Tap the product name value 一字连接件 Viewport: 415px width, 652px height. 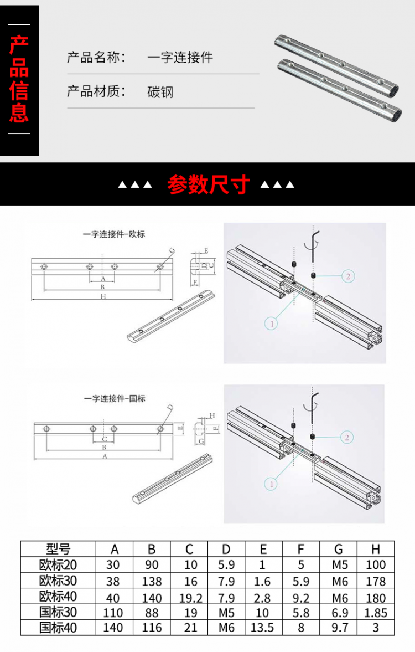pos(180,58)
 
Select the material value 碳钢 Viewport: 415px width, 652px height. pos(160,92)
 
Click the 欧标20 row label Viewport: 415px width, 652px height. pos(58,565)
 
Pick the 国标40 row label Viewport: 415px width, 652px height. pos(58,628)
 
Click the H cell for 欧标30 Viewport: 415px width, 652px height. pos(376,581)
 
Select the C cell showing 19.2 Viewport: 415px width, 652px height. pos(189,597)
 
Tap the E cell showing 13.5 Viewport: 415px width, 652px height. pos(263,628)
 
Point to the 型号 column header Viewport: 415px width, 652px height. pos(58,549)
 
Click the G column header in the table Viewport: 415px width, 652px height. pos(338,549)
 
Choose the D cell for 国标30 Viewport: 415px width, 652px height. pos(226,613)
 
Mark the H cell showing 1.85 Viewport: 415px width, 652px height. pos(376,613)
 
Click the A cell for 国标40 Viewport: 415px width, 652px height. pos(114,628)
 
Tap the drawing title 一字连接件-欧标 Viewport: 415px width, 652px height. pos(114,234)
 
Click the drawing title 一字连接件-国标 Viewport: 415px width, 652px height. pos(115,398)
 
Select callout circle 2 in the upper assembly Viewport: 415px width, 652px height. pos(347,276)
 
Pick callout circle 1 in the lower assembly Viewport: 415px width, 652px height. pos(271,484)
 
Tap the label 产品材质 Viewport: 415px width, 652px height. pos(96,91)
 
